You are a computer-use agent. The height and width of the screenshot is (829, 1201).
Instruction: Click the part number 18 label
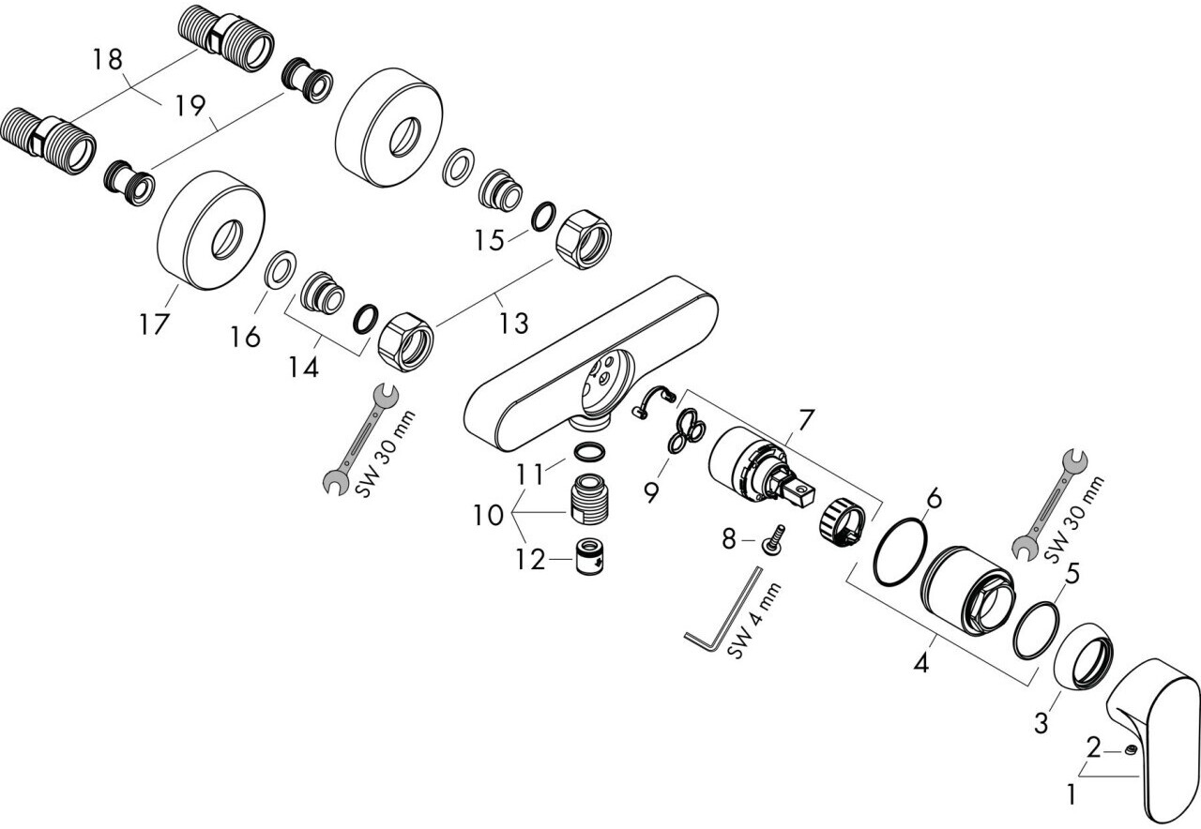click(x=108, y=60)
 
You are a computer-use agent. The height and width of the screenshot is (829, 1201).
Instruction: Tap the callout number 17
click(x=154, y=324)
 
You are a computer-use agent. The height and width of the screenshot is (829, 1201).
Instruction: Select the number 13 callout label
click(x=513, y=324)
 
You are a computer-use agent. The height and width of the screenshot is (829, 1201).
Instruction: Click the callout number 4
click(x=921, y=664)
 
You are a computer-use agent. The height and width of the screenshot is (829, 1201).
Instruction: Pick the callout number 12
click(x=529, y=560)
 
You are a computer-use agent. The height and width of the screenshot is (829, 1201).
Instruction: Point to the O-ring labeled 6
click(x=900, y=553)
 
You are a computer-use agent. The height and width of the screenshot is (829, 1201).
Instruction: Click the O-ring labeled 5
click(x=1037, y=631)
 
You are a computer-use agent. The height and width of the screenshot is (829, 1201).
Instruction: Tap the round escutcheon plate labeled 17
click(x=208, y=228)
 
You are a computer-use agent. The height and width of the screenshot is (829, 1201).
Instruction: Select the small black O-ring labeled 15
click(x=541, y=218)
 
